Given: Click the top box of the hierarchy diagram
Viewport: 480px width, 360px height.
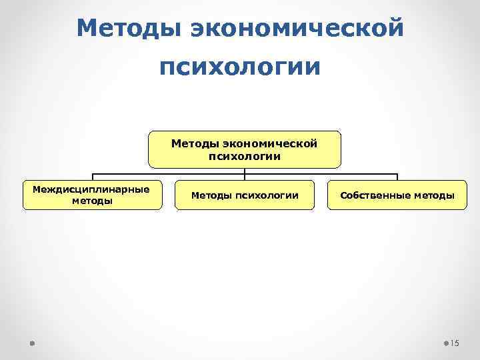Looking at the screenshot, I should click(x=245, y=149).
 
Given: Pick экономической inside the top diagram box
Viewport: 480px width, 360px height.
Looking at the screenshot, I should click(x=270, y=143).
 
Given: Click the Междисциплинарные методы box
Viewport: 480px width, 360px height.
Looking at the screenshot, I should click(x=92, y=195).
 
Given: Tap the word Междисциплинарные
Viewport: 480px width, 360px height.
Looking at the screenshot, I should click(x=92, y=189).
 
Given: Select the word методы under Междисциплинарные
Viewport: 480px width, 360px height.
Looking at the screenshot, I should click(x=92, y=200).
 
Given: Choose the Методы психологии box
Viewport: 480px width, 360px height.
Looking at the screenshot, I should click(x=245, y=195).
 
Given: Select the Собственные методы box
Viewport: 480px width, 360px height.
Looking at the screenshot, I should click(x=397, y=195).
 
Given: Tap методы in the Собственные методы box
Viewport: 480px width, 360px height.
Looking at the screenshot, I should click(x=433, y=195).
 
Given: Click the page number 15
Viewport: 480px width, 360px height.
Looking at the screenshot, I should click(x=455, y=343).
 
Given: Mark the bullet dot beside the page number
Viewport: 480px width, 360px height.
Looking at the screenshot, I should click(x=446, y=343).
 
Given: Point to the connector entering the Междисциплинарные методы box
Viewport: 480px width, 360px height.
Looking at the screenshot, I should click(x=92, y=177).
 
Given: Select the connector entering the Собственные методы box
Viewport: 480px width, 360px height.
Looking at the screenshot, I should click(x=397, y=177).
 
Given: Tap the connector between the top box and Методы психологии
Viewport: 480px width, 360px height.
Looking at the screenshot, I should click(x=245, y=173).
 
